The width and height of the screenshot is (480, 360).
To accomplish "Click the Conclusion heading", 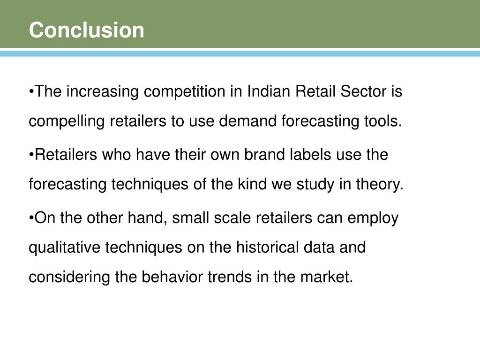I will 87,30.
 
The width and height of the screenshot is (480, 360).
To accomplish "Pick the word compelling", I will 67,121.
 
